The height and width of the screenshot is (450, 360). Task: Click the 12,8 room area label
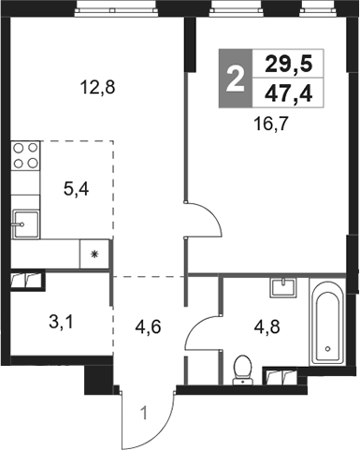pyautogui.click(x=97, y=87)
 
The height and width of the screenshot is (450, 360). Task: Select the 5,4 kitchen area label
pyautogui.click(x=76, y=189)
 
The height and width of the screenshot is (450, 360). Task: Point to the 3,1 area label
pyautogui.click(x=61, y=323)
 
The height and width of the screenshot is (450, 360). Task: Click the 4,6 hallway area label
pyautogui.click(x=148, y=327)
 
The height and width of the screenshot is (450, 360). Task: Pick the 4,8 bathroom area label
pyautogui.click(x=266, y=327)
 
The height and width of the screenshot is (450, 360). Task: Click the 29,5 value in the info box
pyautogui.click(x=288, y=65)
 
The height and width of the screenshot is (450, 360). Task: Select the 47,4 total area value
pyautogui.click(x=288, y=94)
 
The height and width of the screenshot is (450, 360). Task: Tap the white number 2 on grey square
pyautogui.click(x=235, y=80)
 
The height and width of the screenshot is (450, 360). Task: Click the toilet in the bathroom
pyautogui.click(x=243, y=370)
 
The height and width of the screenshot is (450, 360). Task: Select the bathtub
pyautogui.click(x=327, y=322)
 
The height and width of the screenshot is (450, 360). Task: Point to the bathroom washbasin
pyautogui.click(x=283, y=287)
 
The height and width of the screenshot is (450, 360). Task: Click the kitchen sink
pyautogui.click(x=26, y=225)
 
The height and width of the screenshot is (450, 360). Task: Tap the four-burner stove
pyautogui.click(x=25, y=155)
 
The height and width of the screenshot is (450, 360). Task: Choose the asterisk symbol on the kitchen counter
pyautogui.click(x=94, y=254)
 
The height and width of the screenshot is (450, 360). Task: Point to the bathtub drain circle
pyautogui.click(x=327, y=348)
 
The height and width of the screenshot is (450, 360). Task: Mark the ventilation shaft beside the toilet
pyautogui.click(x=281, y=376)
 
